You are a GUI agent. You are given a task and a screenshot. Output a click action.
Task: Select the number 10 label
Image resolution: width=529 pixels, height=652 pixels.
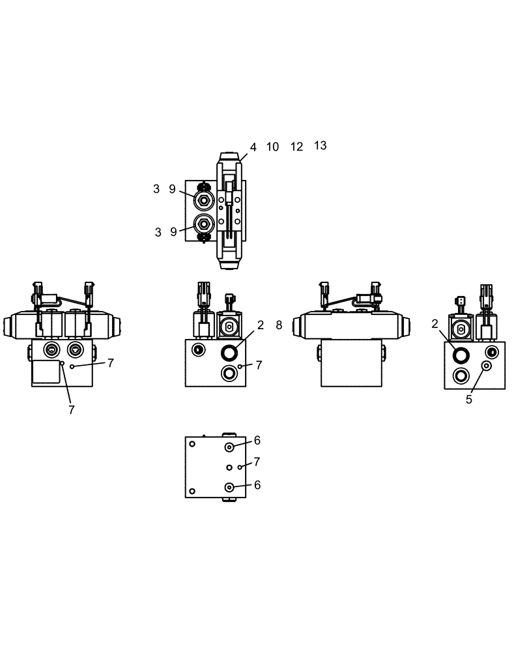point(272,147)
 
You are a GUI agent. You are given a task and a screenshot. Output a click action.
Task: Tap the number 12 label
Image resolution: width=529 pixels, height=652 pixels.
point(296,147)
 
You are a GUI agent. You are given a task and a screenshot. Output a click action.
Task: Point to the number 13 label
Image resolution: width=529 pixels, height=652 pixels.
point(320,145)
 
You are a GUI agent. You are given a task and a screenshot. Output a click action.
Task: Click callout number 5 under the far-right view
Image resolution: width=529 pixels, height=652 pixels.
point(468,400)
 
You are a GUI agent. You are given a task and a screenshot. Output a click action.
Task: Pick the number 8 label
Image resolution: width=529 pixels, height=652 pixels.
point(279,325)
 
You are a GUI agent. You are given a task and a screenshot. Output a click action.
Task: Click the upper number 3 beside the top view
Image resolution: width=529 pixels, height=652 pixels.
point(157,189)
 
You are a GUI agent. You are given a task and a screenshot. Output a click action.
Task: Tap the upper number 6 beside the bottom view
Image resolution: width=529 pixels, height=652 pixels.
point(257,440)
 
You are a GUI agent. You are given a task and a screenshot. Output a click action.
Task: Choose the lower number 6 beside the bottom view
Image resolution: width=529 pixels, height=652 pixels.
point(257,484)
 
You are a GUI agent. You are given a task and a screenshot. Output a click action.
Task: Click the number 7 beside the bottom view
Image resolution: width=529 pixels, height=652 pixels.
point(257,462)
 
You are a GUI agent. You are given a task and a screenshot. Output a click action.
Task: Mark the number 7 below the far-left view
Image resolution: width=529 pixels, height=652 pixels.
point(72,409)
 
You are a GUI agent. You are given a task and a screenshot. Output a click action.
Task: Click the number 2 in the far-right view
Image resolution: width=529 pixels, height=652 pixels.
point(435,323)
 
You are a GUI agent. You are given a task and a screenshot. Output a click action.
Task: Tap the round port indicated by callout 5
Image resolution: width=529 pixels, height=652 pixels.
point(486,366)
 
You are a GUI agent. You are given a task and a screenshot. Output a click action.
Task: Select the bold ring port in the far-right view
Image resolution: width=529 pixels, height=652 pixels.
point(461,355)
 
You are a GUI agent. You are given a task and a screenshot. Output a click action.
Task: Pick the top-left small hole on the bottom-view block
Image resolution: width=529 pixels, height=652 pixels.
point(192,444)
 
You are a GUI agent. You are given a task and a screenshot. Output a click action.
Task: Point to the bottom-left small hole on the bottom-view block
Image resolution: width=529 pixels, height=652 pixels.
point(192,491)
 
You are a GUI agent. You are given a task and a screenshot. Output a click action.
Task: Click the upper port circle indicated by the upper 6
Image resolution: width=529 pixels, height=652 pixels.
point(230,447)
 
